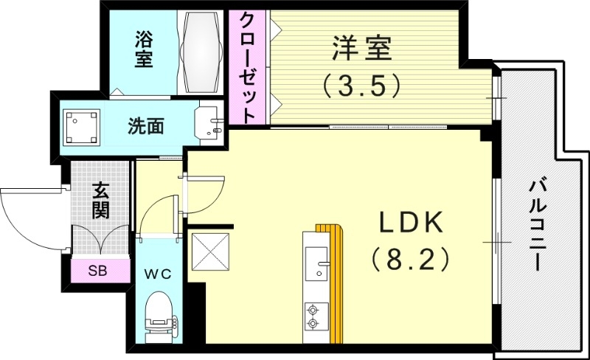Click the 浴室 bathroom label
(144, 49)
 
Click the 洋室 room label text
(361, 51)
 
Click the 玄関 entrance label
(101, 200)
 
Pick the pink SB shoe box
(97, 271)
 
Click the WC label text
(158, 274)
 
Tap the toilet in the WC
(158, 315)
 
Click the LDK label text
(410, 223)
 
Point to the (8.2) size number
(410, 259)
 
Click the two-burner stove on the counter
(316, 316)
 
